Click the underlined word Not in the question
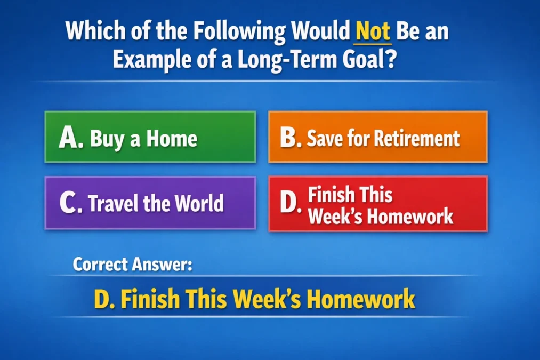pos(373,33)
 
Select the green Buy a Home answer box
pos(150,137)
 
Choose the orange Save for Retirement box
pos(377,137)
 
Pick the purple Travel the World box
pos(150,203)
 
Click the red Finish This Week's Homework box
pos(377,203)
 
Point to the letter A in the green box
pos(69,138)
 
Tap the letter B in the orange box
pos(291,138)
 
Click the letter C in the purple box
pos(69,204)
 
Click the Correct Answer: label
pos(132,264)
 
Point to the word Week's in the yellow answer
pos(275,299)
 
